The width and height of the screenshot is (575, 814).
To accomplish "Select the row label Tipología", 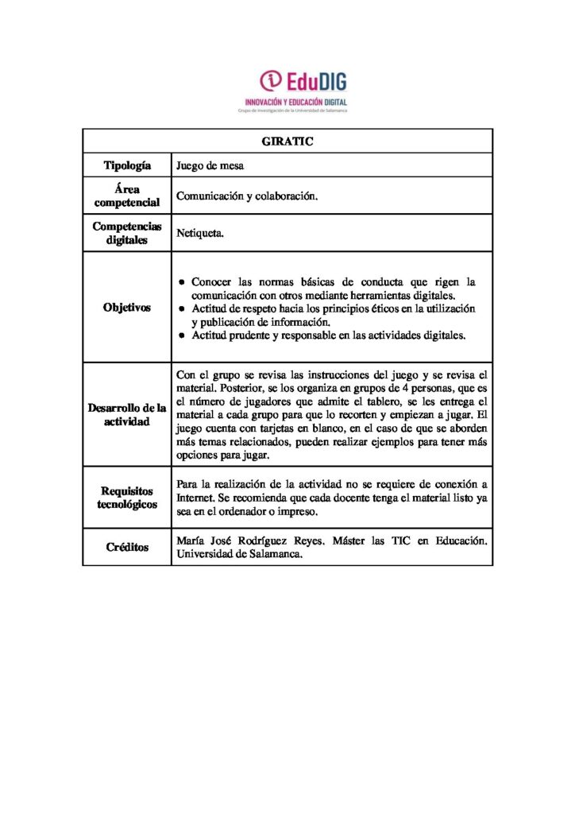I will [x=127, y=165].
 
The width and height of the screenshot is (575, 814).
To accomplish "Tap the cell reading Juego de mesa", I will [x=210, y=166].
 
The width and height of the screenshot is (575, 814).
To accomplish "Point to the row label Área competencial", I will [x=127, y=196].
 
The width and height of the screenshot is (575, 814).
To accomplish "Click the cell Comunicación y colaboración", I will [x=247, y=196].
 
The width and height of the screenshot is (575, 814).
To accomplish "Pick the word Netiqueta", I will [x=200, y=235].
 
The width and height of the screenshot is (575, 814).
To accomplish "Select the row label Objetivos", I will [x=127, y=308].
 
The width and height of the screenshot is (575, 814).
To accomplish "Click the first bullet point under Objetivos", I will [x=183, y=282].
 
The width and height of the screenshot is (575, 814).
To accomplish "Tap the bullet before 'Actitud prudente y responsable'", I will [x=183, y=335].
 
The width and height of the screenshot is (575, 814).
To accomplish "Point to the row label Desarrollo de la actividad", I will [x=127, y=414].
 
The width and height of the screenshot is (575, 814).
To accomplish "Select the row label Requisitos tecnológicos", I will [x=127, y=498].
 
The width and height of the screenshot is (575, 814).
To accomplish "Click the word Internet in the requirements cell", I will [x=195, y=498].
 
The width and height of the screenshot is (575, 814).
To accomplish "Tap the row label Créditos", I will [x=127, y=548].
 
